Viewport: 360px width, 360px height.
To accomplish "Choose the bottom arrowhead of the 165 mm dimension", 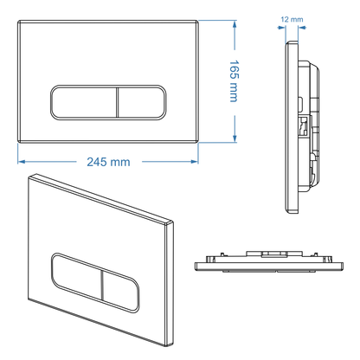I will (x=235, y=138).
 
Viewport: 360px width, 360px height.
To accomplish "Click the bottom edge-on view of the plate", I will (x=267, y=259).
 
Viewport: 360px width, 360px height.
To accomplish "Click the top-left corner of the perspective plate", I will (x=31, y=177).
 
